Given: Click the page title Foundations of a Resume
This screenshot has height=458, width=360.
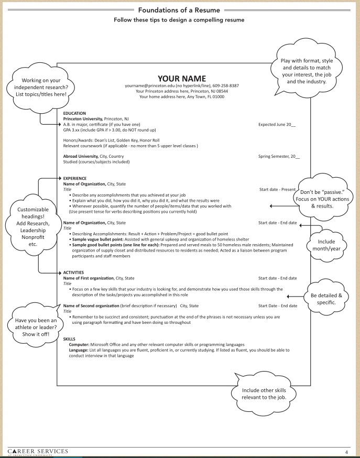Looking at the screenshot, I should click(180, 10).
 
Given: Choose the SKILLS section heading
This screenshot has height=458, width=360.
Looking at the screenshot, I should click(69, 339).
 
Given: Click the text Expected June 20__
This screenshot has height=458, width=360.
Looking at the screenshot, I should click(277, 125).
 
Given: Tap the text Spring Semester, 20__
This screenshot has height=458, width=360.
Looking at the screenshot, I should click(279, 157).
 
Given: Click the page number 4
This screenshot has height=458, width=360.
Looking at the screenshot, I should click(346, 451).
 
